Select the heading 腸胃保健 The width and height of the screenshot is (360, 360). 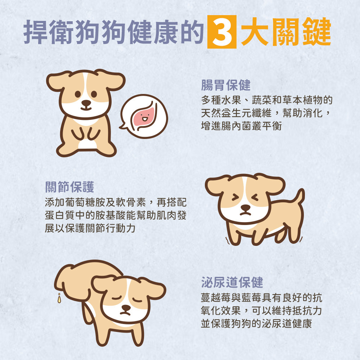tap(226, 86)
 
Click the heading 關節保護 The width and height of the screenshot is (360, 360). tap(69, 187)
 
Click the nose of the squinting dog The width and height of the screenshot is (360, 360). tap(245, 208)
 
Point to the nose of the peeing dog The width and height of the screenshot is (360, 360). tap(126, 308)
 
